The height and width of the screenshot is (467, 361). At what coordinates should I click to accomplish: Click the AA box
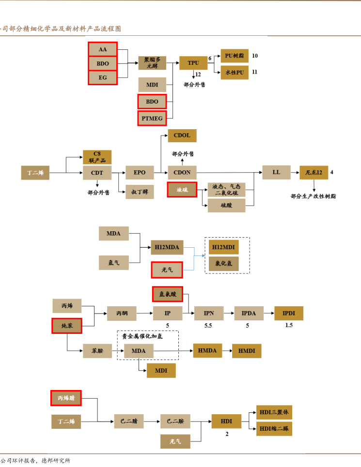click(103, 49)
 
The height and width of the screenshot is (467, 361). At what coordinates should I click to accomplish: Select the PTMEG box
click(152, 118)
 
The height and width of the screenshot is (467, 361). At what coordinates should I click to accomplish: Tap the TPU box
click(193, 63)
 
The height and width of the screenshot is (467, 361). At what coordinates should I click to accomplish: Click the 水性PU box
click(235, 73)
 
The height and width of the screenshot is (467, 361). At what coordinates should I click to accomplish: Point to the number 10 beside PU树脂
click(255, 56)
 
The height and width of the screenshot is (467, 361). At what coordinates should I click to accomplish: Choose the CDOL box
click(182, 136)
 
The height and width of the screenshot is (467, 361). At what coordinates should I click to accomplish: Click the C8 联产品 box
click(97, 157)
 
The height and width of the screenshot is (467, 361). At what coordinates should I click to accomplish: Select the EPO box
click(140, 172)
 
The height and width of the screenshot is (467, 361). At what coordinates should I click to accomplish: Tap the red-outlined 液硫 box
click(182, 189)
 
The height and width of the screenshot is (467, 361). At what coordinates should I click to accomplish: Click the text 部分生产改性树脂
click(313, 196)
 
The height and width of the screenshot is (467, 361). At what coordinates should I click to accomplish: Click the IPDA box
click(249, 314)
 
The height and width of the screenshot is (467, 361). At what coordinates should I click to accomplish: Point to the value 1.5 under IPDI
click(289, 325)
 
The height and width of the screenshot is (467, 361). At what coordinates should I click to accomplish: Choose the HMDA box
click(207, 351)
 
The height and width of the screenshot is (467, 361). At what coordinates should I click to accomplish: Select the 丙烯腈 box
click(66, 398)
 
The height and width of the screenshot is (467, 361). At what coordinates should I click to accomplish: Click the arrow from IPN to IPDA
click(229, 314)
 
